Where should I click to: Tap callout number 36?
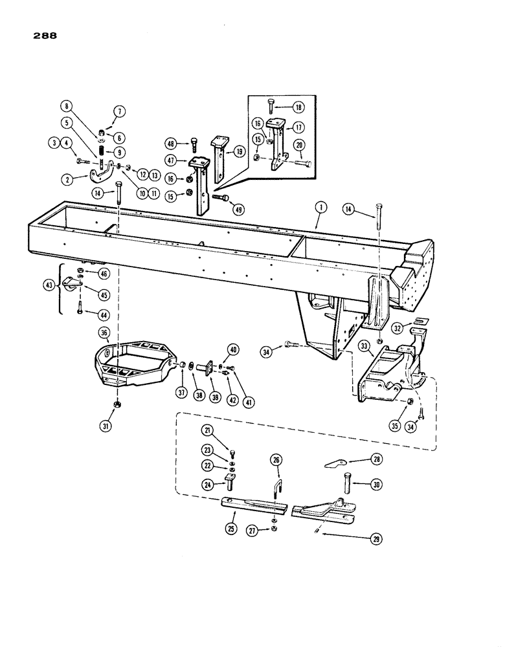click(104, 333)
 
